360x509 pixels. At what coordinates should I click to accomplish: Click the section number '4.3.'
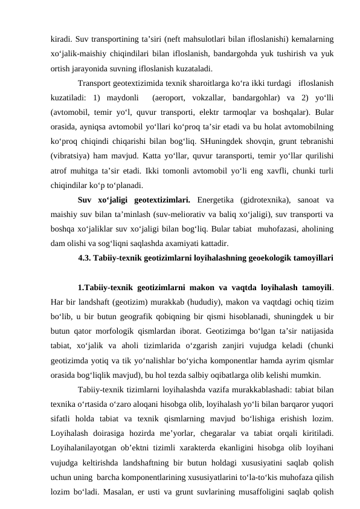tap(87, 244)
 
